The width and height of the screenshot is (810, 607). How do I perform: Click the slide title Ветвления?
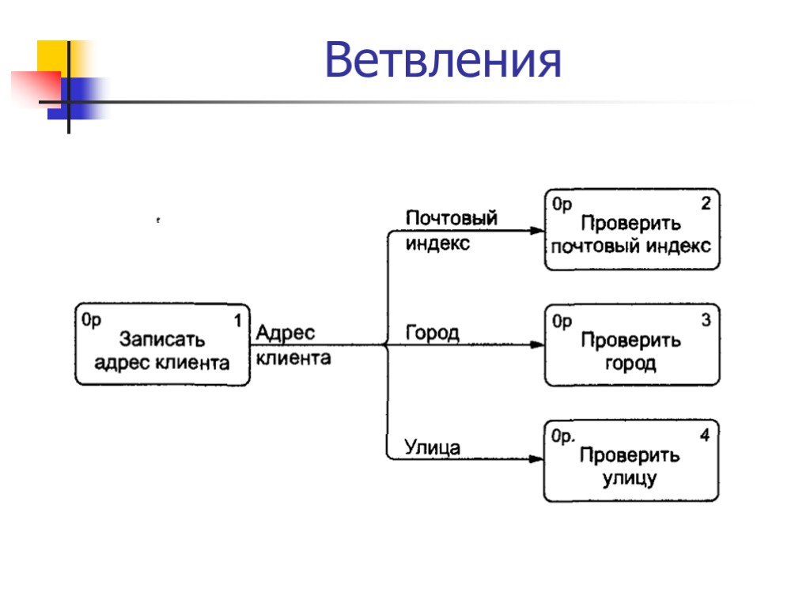coord(443,60)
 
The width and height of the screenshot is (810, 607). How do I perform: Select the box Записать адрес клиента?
coord(162,344)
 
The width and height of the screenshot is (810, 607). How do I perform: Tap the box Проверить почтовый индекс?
coord(631,230)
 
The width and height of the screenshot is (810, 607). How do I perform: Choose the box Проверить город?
coord(631,345)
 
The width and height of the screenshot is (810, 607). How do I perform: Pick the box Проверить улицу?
coord(631,461)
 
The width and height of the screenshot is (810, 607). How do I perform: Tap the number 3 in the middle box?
coord(706,320)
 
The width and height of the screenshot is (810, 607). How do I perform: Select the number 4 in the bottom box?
coord(705,435)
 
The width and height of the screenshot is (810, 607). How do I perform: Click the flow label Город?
coord(432,333)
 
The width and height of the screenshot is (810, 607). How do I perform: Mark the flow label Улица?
coord(432,447)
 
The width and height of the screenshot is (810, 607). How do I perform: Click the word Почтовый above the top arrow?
coord(451,218)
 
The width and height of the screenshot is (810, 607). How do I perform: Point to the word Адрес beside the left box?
coord(285,334)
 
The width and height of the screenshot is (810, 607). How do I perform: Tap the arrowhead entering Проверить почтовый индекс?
coord(538,231)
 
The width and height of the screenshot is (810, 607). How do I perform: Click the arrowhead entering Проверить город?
coord(538,345)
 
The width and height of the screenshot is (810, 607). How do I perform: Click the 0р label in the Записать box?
coord(92,320)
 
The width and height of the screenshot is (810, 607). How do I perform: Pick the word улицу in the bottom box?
coord(630,478)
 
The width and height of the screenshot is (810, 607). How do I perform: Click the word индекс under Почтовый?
coord(437,243)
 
